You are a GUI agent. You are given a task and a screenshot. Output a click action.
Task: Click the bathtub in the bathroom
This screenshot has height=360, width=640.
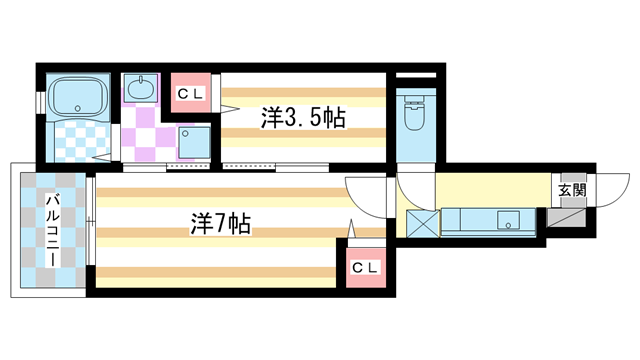(78, 97)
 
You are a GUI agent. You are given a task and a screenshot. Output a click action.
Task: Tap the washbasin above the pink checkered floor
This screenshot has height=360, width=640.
(141, 89)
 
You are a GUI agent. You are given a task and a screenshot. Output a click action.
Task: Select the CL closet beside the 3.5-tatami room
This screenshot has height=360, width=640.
(190, 94)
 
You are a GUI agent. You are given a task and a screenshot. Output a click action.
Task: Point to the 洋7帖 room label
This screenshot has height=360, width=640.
(218, 224)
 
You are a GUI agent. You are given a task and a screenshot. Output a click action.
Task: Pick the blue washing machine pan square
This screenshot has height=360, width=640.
(194, 143)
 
